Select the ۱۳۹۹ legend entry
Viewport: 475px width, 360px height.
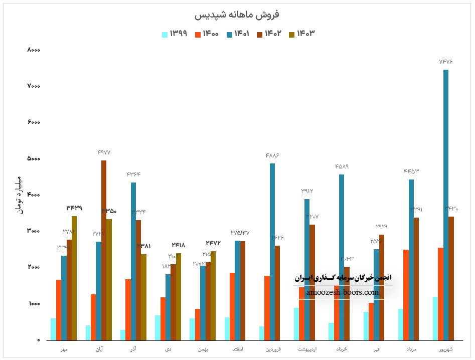pyautogui.click(x=174, y=34)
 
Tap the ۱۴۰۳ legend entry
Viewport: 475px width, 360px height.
pyautogui.click(x=301, y=34)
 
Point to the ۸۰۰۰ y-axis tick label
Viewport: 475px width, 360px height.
pyautogui.click(x=34, y=50)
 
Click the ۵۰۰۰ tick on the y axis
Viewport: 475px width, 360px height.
pyautogui.click(x=34, y=159)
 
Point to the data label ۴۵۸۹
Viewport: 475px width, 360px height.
pyautogui.click(x=341, y=166)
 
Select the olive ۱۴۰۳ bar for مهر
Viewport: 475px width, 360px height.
pyautogui.click(x=74, y=278)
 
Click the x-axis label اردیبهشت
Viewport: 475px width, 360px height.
pyautogui.click(x=306, y=349)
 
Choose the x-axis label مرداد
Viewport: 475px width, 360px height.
pyautogui.click(x=411, y=349)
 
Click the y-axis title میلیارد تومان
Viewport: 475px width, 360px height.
pyautogui.click(x=19, y=196)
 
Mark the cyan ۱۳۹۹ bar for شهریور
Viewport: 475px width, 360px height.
pyautogui.click(x=434, y=318)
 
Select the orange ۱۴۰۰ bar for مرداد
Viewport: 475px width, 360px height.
pyautogui.click(x=406, y=295)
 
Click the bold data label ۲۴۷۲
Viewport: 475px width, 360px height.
pyautogui.click(x=213, y=243)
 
